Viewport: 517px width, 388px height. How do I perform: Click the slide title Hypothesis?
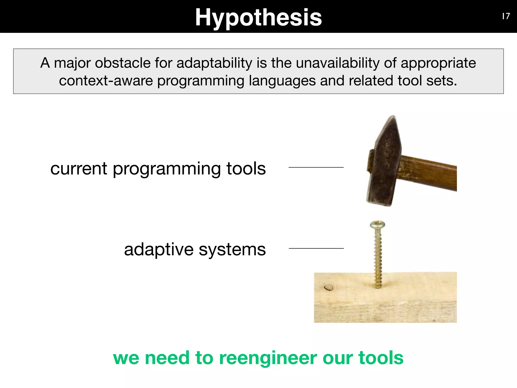point(258,17)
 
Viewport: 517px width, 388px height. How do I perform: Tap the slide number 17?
point(506,16)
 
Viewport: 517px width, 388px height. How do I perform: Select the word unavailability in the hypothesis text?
point(338,63)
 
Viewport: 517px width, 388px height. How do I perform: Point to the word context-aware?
point(106,81)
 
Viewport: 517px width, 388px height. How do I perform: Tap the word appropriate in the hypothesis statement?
point(438,63)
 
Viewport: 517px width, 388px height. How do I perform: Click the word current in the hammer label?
point(79,168)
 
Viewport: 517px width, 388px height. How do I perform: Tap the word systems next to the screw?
point(232,250)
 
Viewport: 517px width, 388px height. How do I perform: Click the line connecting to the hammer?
point(316,167)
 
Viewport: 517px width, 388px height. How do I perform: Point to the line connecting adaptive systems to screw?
point(316,248)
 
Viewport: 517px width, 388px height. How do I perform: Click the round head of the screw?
point(377,224)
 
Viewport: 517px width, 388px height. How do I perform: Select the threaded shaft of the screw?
point(378,258)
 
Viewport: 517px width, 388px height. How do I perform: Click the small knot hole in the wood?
point(328,287)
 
